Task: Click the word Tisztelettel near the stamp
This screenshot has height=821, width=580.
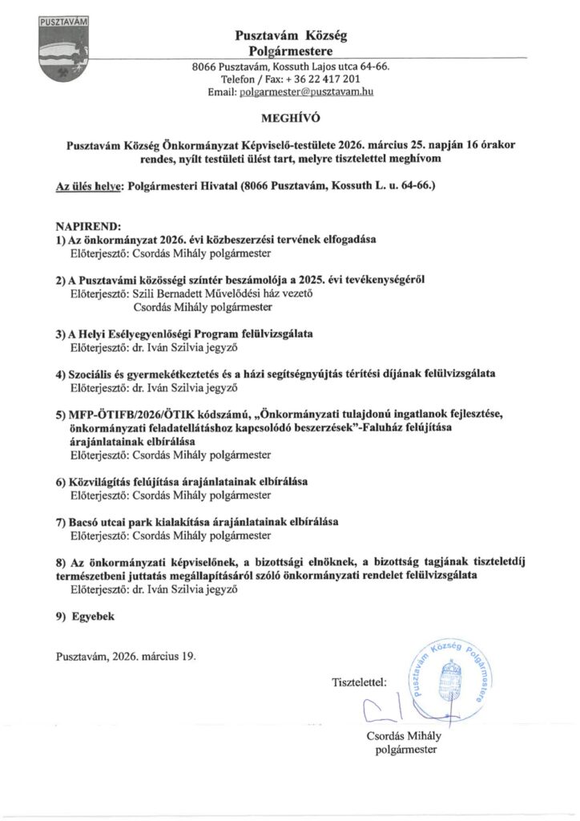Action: (359, 683)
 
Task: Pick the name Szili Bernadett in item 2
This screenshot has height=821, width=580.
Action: (170, 293)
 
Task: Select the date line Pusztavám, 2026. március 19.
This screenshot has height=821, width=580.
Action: (126, 655)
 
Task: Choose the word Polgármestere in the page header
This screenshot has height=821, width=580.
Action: (291, 51)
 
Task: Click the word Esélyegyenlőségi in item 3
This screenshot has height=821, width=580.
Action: (162, 334)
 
